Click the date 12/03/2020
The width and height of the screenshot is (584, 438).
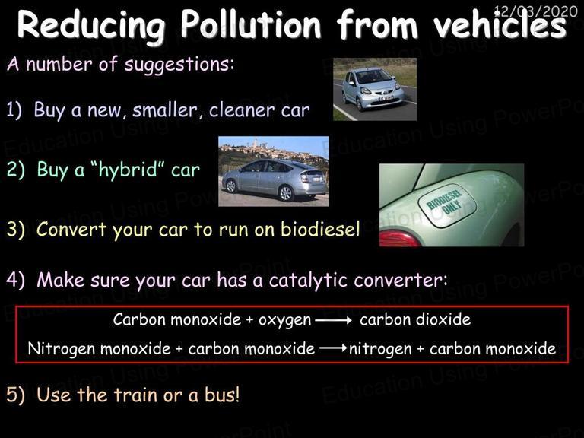point(536,11)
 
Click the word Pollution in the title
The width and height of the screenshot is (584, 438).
point(251,25)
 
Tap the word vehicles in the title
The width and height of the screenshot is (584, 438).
point(500,24)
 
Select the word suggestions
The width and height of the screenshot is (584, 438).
point(179,65)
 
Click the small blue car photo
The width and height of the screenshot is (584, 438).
point(375,89)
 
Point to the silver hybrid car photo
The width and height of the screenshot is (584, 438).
point(274,171)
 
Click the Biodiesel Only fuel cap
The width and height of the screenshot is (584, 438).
point(446,205)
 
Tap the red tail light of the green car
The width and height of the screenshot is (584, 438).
point(400,239)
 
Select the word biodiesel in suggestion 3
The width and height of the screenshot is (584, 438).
point(320,229)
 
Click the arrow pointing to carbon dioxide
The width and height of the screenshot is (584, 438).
point(334,320)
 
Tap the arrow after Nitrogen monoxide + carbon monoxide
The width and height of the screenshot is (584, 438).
point(333,348)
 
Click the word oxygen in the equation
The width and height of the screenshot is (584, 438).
point(285,321)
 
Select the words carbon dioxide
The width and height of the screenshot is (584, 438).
point(415,319)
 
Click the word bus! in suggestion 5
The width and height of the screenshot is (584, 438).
point(221,395)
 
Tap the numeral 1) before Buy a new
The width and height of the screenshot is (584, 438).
point(14,109)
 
